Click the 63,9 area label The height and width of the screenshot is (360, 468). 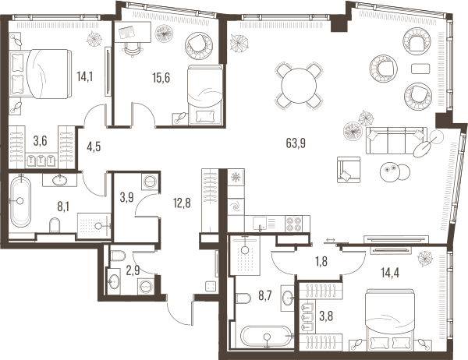coord(296,143)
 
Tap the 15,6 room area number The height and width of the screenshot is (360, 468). coord(161,78)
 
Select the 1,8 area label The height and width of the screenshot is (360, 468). coord(321,261)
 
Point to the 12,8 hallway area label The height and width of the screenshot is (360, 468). coord(182,203)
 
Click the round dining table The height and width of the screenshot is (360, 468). coord(299,86)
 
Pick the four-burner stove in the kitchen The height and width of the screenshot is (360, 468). coord(294,224)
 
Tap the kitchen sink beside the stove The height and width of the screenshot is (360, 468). coord(260,224)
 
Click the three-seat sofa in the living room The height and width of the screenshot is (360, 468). coord(396,140)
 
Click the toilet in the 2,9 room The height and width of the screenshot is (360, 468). coord(118,256)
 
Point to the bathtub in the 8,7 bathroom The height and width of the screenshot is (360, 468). coord(267,337)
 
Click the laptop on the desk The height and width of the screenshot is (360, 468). coord(127,31)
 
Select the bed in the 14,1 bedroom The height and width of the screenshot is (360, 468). coord(41,74)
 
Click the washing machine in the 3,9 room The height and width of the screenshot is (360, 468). coord(150,181)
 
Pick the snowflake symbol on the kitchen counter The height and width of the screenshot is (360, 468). coord(236,177)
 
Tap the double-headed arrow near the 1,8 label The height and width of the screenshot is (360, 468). coord(331,239)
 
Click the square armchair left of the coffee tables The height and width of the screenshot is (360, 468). coord(349,170)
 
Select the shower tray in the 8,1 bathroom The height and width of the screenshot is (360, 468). coord(94,225)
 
